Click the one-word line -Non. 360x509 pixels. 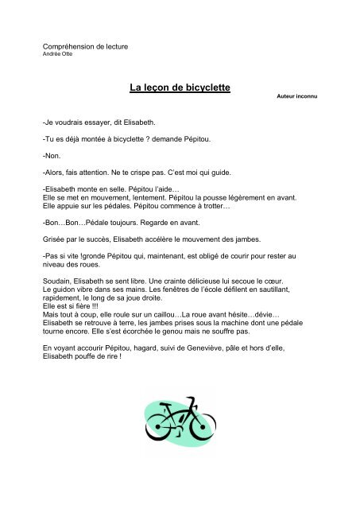pyautogui.click(x=50, y=158)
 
